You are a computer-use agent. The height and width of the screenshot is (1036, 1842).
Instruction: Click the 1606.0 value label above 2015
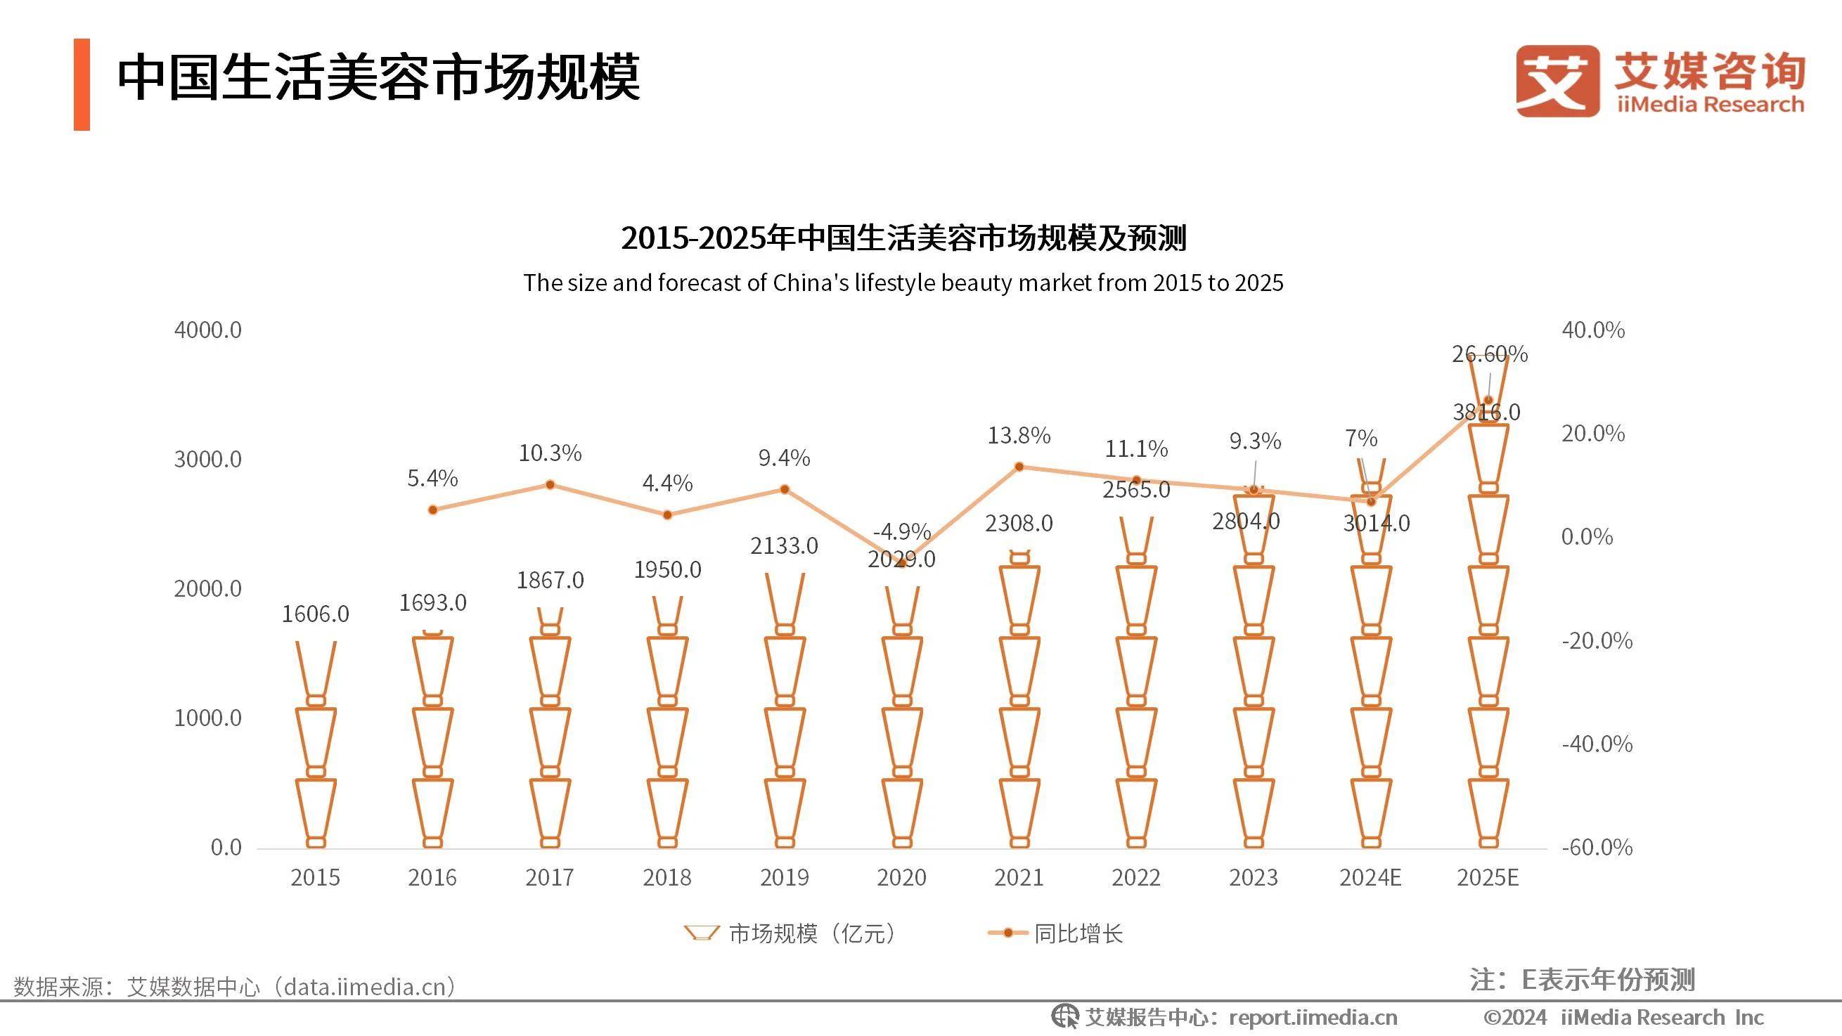(316, 614)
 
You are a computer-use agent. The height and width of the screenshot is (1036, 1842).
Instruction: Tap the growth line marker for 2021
(1019, 467)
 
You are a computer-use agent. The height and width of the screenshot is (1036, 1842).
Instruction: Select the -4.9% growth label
(901, 531)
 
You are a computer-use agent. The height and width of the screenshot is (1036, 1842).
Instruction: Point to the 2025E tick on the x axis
(1488, 877)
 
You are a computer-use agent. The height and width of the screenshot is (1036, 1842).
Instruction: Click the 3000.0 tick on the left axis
(207, 459)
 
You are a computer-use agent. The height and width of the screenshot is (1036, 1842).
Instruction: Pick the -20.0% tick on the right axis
(1597, 640)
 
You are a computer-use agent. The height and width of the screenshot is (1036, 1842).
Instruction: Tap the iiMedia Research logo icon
(1557, 80)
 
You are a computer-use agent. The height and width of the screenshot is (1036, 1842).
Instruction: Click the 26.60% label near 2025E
(1490, 354)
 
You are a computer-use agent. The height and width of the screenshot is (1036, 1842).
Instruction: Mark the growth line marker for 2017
(550, 485)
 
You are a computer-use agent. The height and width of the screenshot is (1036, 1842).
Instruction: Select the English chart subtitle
(903, 283)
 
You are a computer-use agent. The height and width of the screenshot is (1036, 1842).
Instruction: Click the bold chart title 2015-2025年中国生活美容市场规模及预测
(903, 238)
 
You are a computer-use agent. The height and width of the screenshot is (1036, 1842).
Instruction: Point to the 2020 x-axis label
(901, 877)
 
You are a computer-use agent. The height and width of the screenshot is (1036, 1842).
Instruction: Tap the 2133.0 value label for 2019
(784, 545)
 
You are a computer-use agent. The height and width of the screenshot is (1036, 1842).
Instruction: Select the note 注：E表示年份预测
(1582, 980)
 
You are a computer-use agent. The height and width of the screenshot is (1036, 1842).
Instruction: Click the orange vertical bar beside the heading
(82, 84)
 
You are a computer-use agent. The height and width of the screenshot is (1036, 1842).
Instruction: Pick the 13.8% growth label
(1018, 436)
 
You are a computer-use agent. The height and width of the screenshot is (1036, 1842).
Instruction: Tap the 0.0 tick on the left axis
(226, 847)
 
